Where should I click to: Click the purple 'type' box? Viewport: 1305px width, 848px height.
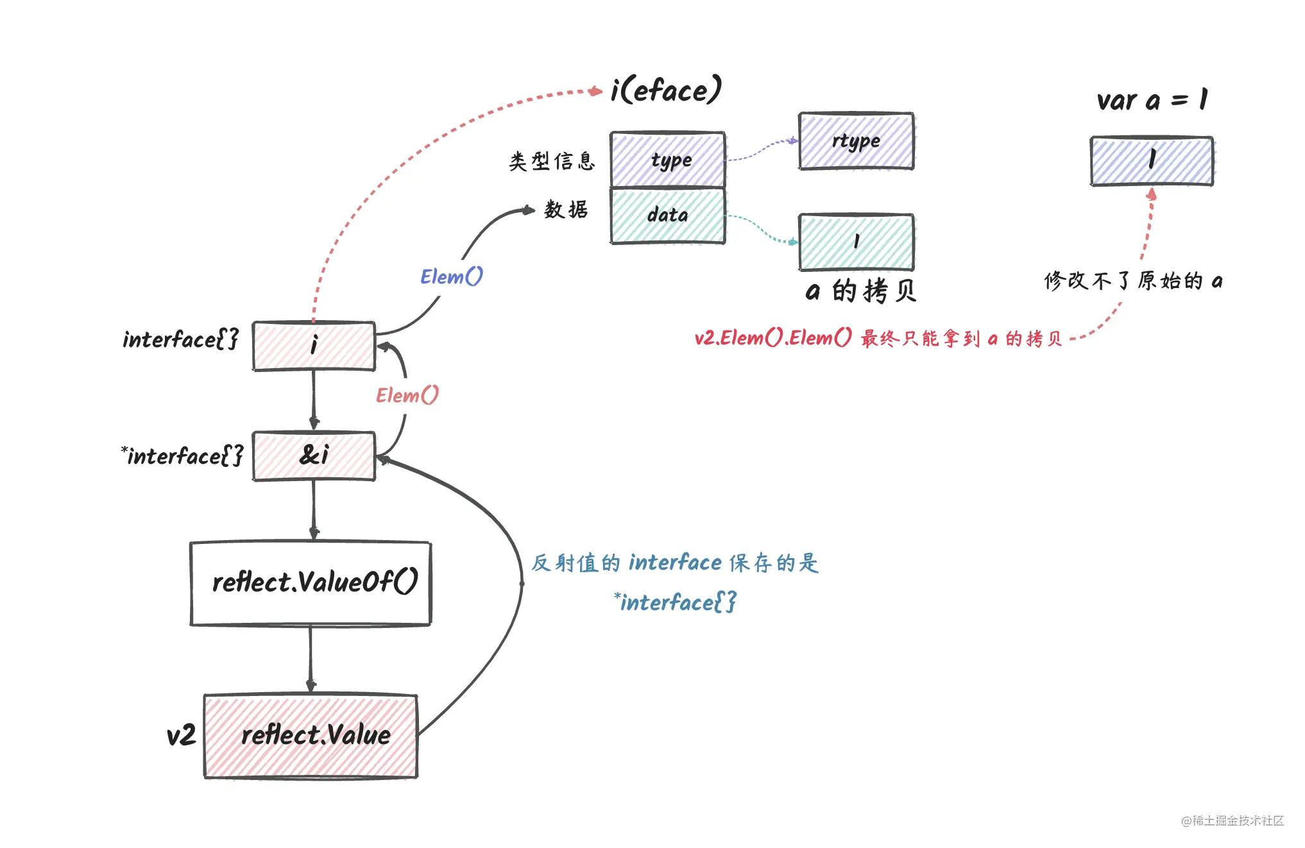pos(668,160)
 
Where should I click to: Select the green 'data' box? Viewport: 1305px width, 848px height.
pos(668,216)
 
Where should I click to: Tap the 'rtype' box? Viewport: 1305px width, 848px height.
pos(856,141)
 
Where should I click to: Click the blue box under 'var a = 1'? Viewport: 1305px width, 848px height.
pos(1152,161)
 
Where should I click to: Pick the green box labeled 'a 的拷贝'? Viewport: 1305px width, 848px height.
pos(856,242)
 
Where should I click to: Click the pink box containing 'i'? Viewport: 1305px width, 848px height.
pos(314,346)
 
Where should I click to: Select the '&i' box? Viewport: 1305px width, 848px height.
pos(314,456)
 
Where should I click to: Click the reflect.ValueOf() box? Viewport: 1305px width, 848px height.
pos(311,583)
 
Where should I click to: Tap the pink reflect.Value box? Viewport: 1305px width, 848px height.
pos(311,736)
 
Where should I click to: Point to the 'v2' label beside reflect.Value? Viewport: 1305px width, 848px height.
pos(181,736)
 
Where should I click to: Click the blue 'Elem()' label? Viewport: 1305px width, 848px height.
pos(451,276)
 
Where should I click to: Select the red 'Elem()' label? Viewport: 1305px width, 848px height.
pos(407,395)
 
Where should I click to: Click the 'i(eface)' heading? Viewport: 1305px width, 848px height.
pos(665,90)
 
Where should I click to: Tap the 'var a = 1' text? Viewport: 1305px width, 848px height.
pos(1152,100)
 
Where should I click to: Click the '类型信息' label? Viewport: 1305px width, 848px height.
pos(552,161)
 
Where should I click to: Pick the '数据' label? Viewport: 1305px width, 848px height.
pos(566,210)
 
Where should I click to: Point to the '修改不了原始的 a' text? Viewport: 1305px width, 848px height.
pos(1133,281)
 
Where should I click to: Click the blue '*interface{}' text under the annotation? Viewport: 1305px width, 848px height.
pos(675,602)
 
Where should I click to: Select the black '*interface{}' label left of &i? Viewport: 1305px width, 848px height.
pos(183,456)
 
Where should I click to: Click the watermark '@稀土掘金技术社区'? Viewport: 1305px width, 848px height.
pos(1232,820)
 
